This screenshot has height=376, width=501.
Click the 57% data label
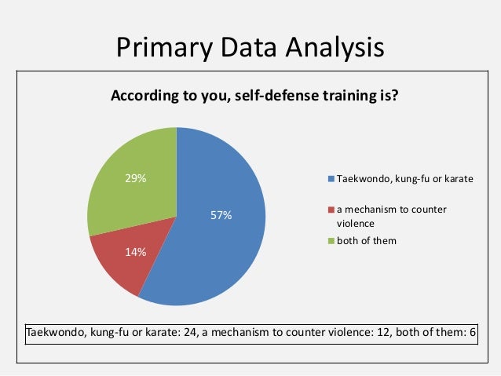coord(221,215)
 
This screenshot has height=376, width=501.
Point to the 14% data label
coord(136,252)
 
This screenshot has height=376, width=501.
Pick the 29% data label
coord(136,179)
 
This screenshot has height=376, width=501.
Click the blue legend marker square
coord(332,179)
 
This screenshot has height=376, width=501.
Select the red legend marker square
coord(332,210)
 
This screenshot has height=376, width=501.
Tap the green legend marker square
coord(332,240)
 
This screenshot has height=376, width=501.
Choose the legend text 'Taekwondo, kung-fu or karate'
coord(405,179)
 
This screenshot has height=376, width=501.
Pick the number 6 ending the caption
coord(473,332)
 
